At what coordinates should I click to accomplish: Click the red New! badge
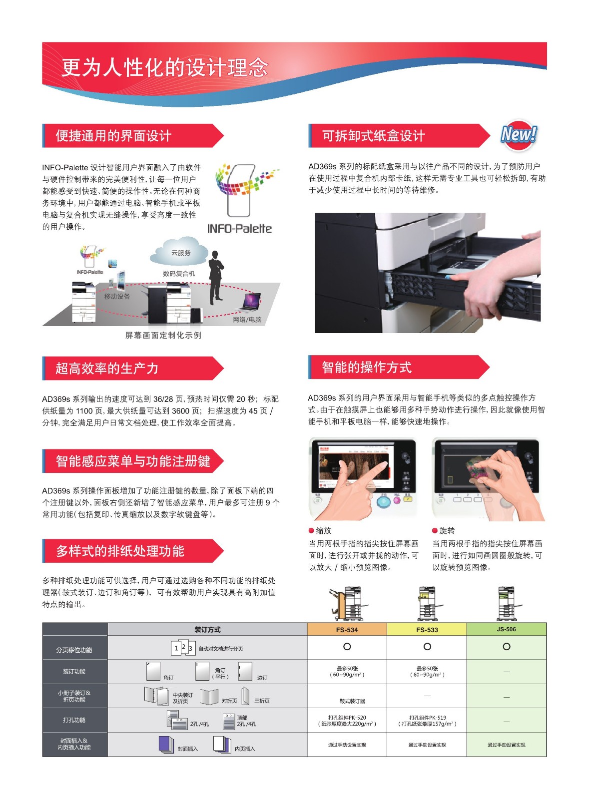point(519,135)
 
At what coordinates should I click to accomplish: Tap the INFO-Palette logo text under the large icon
point(239,229)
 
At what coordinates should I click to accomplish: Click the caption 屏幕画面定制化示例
point(163,335)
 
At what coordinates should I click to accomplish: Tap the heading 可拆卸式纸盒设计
point(374,136)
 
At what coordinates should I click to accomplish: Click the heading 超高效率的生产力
point(107,369)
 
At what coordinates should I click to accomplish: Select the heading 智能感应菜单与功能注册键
point(133,461)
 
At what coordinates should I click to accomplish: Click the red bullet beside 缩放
point(311,530)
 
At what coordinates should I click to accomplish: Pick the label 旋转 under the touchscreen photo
point(447,530)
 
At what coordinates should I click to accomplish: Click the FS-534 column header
point(347,630)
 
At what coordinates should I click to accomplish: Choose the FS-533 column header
point(427,630)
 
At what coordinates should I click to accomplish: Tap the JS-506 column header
point(506,629)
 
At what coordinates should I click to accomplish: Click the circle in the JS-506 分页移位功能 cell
point(506,646)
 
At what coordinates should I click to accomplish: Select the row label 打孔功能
point(74,720)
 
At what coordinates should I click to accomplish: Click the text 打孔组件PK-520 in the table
point(347,717)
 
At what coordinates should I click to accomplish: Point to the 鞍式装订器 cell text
point(352,701)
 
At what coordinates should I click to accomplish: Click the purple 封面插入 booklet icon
point(166,745)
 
